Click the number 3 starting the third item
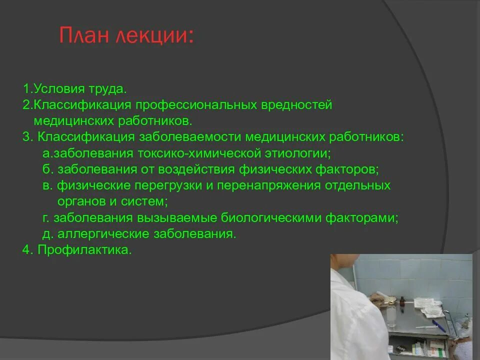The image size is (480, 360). [26, 137]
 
